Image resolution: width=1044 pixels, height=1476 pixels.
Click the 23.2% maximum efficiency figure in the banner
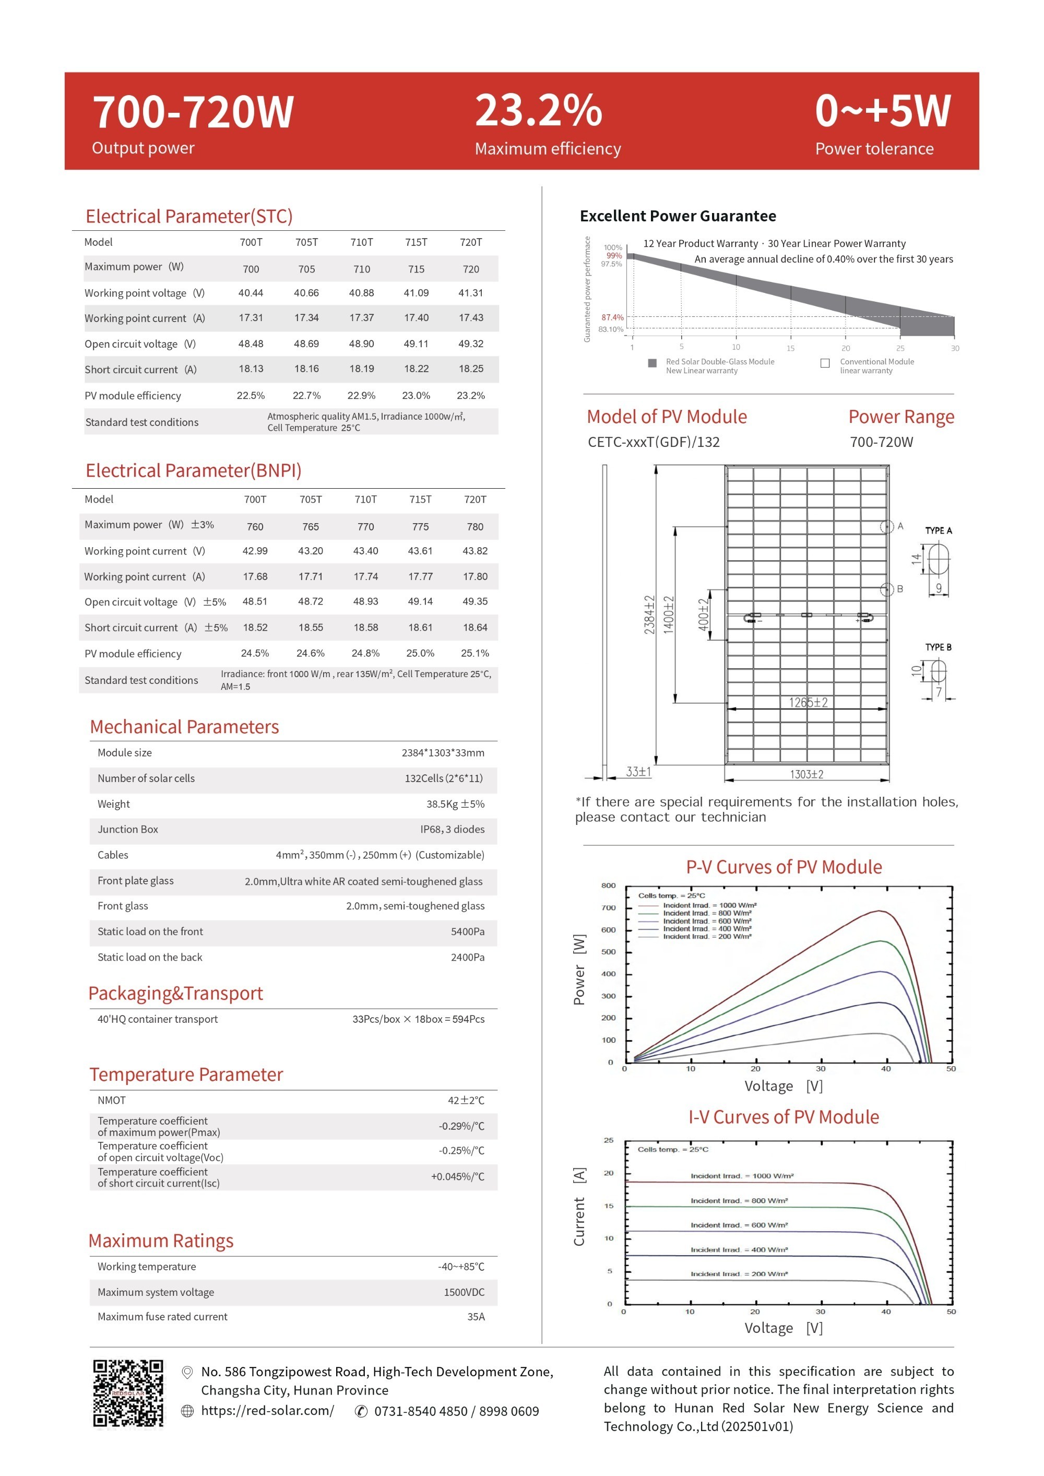pyautogui.click(x=538, y=111)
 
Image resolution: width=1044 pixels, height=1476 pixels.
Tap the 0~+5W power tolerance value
pyautogui.click(x=882, y=111)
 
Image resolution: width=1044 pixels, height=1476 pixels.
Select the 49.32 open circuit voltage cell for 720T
pyautogui.click(x=470, y=344)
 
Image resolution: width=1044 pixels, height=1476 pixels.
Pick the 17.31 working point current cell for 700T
pyautogui.click(x=251, y=317)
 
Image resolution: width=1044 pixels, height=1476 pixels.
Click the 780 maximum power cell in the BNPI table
pyautogui.click(x=475, y=526)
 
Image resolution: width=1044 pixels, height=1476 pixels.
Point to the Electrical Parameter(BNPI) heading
pyautogui.click(x=194, y=470)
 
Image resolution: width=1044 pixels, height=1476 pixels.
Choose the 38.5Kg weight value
pyautogui.click(x=455, y=804)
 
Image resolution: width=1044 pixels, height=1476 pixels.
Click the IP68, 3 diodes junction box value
pyautogui.click(x=452, y=829)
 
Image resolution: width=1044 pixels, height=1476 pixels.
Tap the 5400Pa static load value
pyautogui.click(x=467, y=931)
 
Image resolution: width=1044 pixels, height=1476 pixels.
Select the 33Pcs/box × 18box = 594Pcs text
pyautogui.click(x=418, y=1019)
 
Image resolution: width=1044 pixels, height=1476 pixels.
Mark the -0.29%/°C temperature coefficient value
pyautogui.click(x=461, y=1126)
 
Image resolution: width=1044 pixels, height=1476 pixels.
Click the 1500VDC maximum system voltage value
pyautogui.click(x=464, y=1292)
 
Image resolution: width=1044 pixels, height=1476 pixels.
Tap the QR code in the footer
pyautogui.click(x=128, y=1392)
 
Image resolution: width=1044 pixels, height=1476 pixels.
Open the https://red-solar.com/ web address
pyautogui.click(x=267, y=1410)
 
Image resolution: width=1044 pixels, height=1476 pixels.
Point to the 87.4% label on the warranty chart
pyautogui.click(x=612, y=317)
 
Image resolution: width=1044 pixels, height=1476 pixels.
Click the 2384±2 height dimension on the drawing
pyautogui.click(x=649, y=615)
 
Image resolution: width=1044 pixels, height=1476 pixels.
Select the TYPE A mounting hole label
pyautogui.click(x=938, y=530)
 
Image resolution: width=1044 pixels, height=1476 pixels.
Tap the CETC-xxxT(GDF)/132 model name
pyautogui.click(x=653, y=442)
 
